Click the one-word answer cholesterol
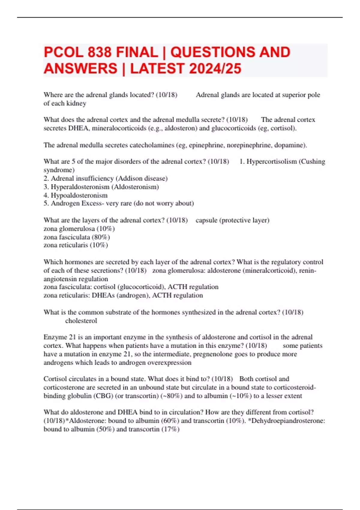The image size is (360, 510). [81, 321]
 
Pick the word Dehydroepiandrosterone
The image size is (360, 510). [288, 421]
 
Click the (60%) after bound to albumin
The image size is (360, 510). [170, 421]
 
